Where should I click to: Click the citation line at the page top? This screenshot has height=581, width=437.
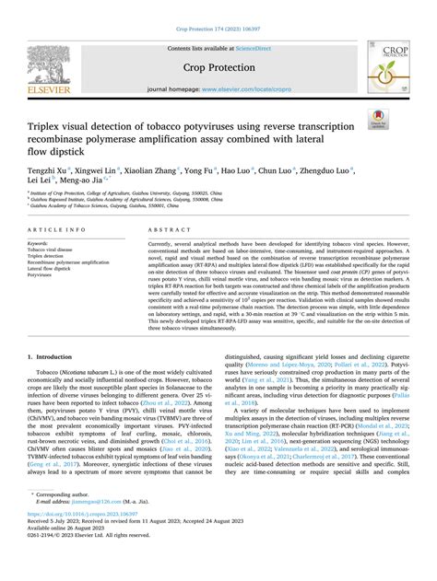point(218,7)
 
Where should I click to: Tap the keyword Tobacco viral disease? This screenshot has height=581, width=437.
point(53,249)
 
